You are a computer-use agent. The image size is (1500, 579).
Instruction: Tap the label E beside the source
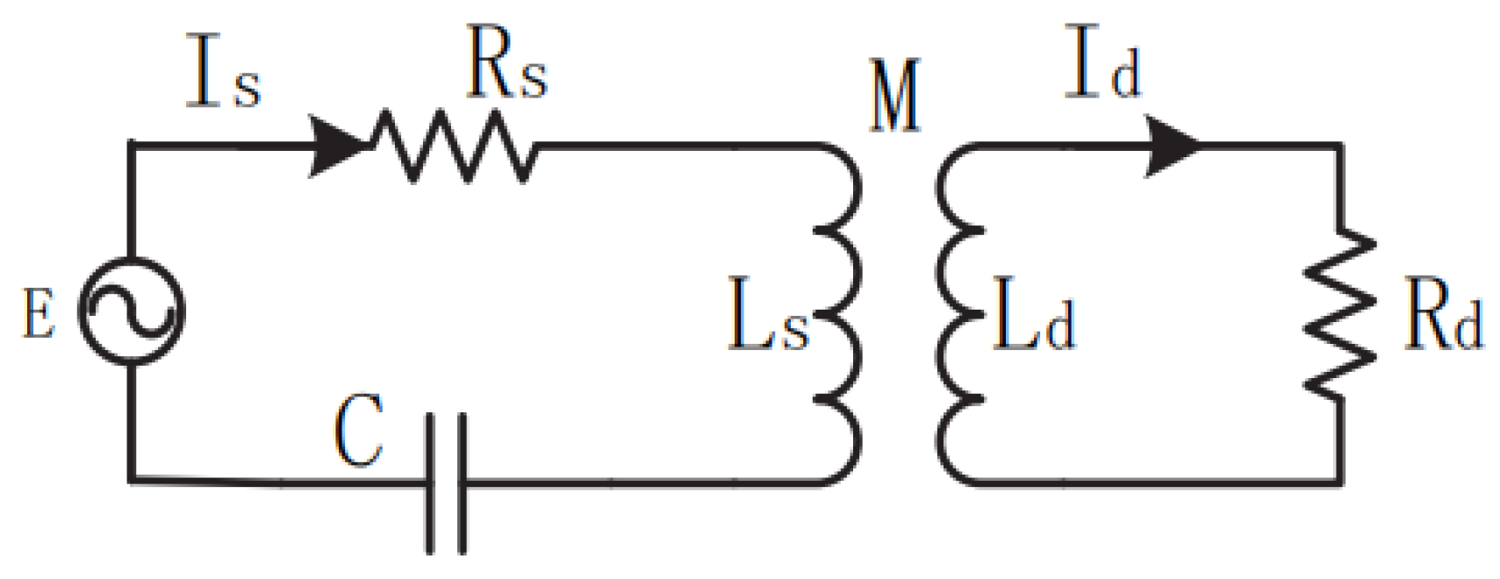pyautogui.click(x=38, y=314)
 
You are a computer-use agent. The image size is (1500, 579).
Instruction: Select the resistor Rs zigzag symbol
pyautogui.click(x=454, y=147)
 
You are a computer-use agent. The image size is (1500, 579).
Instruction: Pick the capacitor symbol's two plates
pyautogui.click(x=446, y=483)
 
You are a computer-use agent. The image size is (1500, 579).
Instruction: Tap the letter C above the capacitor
pyautogui.click(x=358, y=430)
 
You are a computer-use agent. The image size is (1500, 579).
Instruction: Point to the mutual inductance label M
pyautogui.click(x=894, y=95)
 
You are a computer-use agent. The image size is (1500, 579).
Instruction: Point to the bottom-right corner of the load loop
pyautogui.click(x=1340, y=482)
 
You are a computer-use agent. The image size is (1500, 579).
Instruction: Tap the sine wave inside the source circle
pyautogui.click(x=132, y=311)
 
